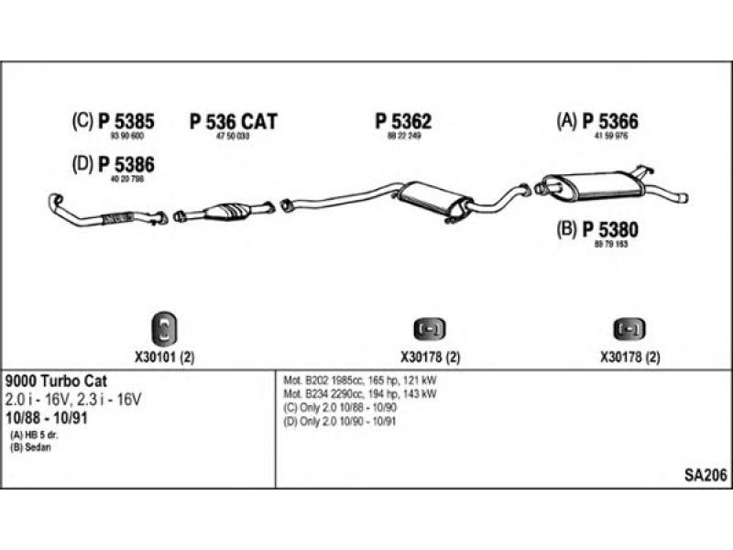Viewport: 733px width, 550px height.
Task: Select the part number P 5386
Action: (126, 165)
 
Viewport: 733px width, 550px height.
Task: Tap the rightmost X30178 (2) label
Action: (629, 358)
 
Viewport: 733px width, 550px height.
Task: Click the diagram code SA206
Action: (705, 474)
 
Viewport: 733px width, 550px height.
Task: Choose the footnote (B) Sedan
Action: (28, 446)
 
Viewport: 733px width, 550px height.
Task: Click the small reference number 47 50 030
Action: (233, 137)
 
